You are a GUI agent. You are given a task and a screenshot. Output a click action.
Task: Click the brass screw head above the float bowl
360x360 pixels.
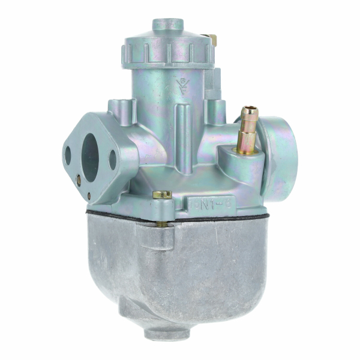pyautogui.click(x=162, y=195)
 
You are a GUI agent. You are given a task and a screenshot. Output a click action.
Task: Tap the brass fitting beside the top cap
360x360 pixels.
pyautogui.click(x=212, y=40)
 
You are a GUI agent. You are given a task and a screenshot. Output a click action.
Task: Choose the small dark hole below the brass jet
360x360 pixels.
pyautogui.click(x=89, y=196)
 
